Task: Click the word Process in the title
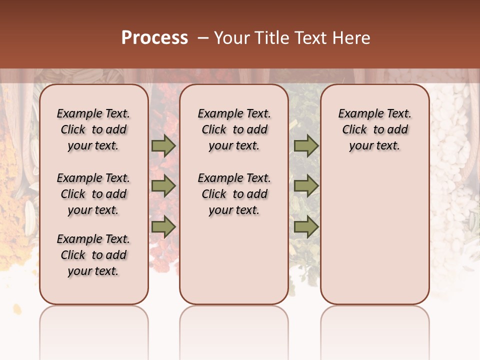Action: point(154,38)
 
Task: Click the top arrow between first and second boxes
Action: point(163,145)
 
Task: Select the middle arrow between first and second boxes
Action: point(163,186)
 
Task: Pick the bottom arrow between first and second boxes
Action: point(163,227)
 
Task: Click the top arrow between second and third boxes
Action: point(306,145)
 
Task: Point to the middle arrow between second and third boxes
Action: point(306,186)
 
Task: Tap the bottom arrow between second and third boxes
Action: point(306,227)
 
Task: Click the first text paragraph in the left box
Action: point(93,129)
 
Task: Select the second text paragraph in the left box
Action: point(93,194)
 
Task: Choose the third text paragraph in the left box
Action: point(93,255)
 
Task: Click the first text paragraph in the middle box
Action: point(234,129)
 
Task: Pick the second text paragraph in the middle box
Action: point(234,194)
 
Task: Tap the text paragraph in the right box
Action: point(374,129)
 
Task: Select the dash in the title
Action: point(202,38)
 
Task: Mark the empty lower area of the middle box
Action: point(234,260)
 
